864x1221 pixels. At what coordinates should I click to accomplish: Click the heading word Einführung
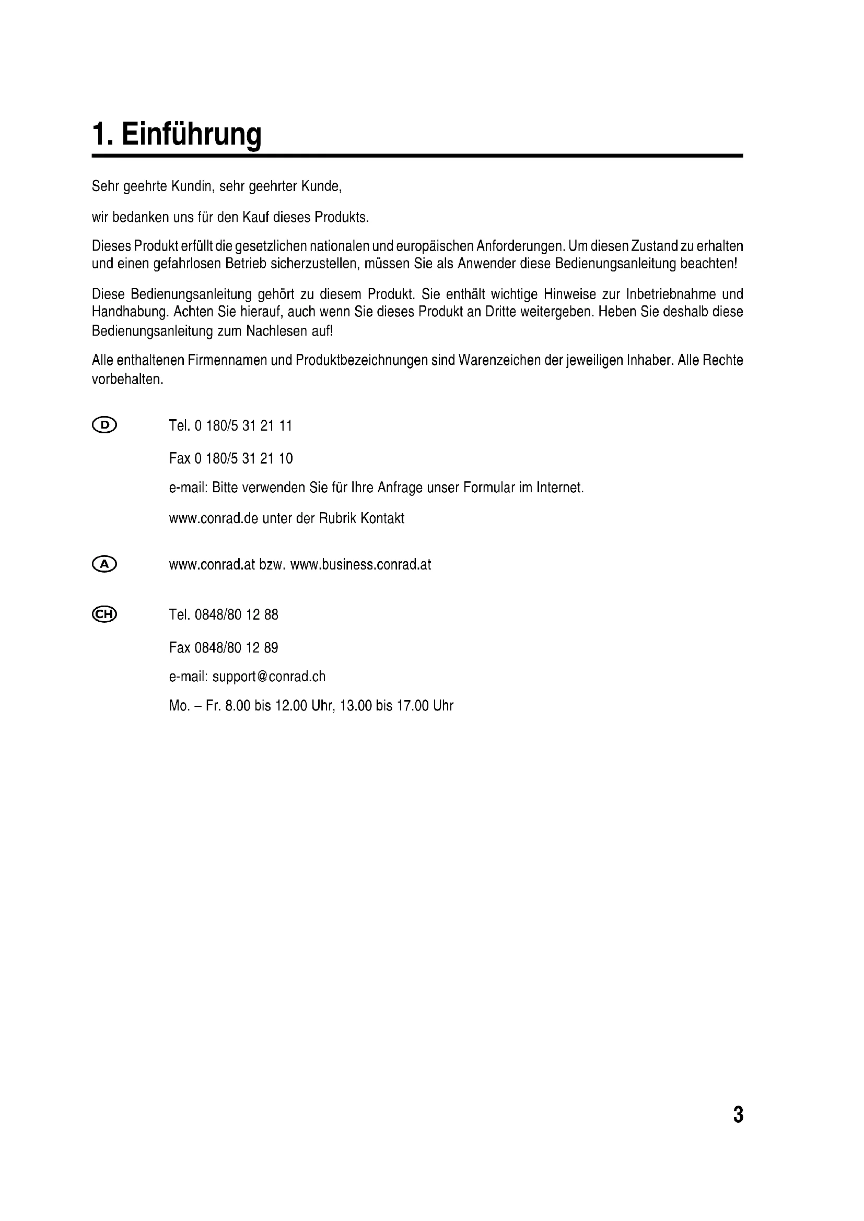pos(192,134)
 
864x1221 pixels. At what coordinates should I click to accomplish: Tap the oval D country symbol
pos(104,425)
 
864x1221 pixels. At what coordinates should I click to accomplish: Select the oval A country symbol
pos(104,564)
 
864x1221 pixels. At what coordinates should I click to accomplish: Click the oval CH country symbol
pos(104,614)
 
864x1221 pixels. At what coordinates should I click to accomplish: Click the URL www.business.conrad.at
pos(361,565)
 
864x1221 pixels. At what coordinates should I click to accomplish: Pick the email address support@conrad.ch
pos(268,677)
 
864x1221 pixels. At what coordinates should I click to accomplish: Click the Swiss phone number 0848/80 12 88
pos(236,615)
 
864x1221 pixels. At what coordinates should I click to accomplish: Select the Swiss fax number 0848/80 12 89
pos(236,648)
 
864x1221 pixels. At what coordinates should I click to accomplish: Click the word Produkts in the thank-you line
pos(341,218)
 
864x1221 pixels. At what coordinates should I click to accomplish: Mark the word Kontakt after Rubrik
pos(382,518)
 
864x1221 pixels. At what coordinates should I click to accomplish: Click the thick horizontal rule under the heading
pos(417,156)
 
